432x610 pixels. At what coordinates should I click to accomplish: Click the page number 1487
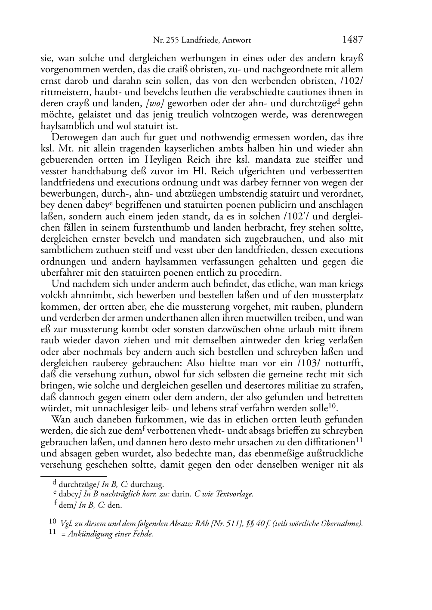[x=352, y=40]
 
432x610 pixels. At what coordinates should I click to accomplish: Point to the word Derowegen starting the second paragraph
[x=71, y=138]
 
